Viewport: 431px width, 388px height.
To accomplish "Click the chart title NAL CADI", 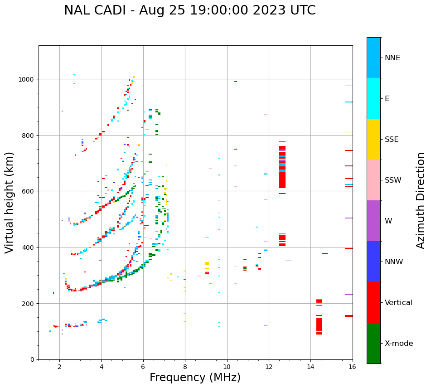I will (x=189, y=10).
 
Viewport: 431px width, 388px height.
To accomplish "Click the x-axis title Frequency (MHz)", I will (x=195, y=378).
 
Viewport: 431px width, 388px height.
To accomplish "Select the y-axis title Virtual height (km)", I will (x=10, y=202).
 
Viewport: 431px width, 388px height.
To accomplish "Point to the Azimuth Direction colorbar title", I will (x=421, y=200).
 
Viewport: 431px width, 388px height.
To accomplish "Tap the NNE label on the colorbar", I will (x=392, y=58).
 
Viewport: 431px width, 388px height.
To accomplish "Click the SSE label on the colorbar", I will (x=392, y=139).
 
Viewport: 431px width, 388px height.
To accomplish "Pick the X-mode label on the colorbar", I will (x=399, y=343).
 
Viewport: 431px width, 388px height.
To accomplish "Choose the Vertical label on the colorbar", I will (x=399, y=302).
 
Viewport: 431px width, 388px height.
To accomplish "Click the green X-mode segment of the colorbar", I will (x=373, y=343).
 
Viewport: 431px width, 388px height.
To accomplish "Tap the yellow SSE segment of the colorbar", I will (x=373, y=139).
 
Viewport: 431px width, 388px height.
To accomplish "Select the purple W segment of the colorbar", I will (x=373, y=221).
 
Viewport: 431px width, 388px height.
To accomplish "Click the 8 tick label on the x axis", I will (x=185, y=367).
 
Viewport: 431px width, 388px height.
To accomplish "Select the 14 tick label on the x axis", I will (x=310, y=367).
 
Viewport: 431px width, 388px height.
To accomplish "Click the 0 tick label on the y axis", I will (x=32, y=359).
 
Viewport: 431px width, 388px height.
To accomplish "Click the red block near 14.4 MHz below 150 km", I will (x=319, y=325).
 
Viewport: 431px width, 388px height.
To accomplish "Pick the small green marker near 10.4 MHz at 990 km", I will (x=236, y=82).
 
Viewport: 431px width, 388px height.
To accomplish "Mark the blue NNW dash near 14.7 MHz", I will (x=324, y=253).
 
